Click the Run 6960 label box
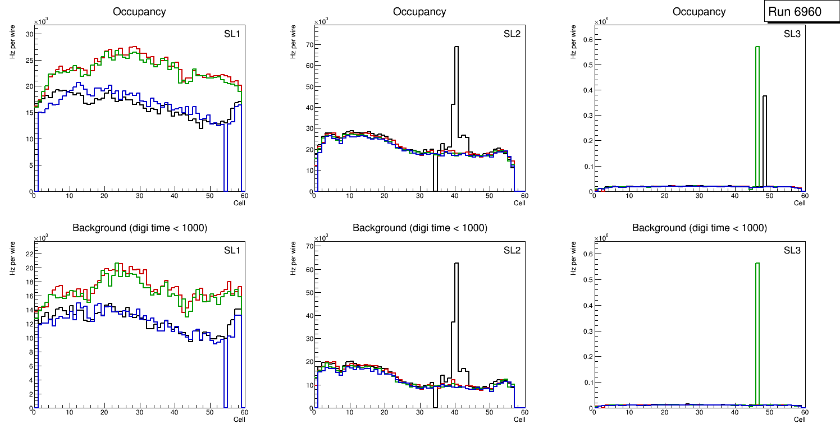pos(801,12)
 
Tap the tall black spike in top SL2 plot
pos(456,84)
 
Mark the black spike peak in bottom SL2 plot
pos(456,264)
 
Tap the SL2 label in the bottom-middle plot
pos(512,250)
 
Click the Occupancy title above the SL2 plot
pos(419,12)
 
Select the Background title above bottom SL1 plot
pos(139,228)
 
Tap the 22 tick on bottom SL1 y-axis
pos(29,254)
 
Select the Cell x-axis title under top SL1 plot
pos(239,203)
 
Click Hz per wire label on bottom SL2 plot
pos(293,257)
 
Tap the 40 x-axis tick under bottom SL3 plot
pos(734,412)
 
